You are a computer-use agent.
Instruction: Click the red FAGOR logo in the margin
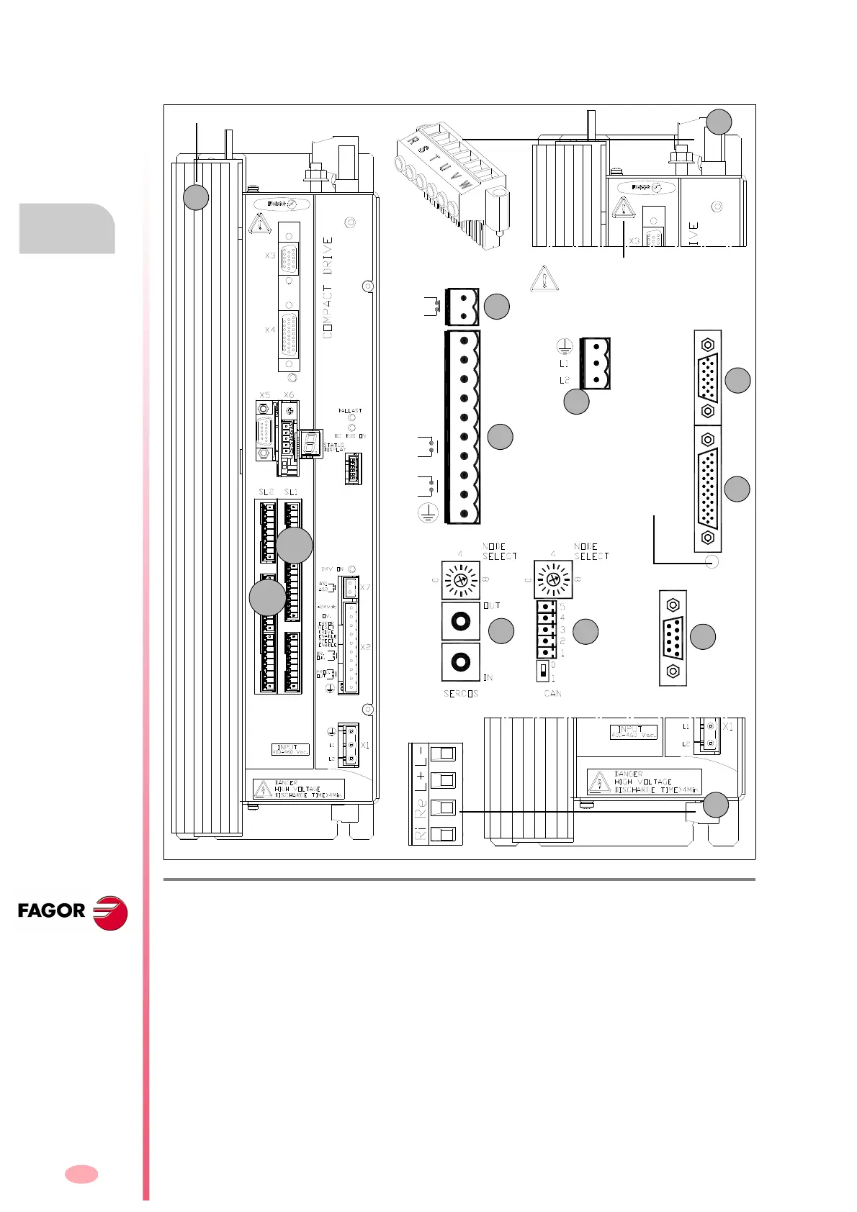pos(72,912)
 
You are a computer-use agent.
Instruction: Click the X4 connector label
pos(270,330)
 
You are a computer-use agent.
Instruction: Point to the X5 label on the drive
pos(264,395)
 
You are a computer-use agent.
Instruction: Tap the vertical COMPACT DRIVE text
pos(328,287)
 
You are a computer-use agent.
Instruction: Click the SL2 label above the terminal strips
pos(266,492)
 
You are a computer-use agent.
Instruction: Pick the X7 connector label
pos(365,588)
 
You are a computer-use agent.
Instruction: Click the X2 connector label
pos(365,648)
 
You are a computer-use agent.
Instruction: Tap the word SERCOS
pos(461,694)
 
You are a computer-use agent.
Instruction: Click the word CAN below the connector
pos(552,694)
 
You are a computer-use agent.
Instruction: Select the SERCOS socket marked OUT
pos(460,620)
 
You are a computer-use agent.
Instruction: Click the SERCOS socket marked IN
pos(460,661)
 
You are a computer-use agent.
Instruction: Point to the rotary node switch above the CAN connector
pos(552,579)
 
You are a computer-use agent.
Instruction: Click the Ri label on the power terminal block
pos(420,835)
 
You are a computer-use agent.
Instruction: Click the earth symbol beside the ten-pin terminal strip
pos(428,514)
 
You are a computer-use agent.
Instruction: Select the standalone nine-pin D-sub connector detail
pos(673,638)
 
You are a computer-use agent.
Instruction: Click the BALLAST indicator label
pos(350,411)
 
